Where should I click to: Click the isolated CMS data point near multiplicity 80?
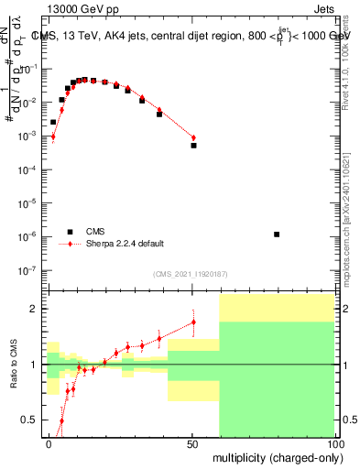coord(277,234)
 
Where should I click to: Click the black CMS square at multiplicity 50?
coord(193,146)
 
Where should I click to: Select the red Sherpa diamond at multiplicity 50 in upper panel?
coord(193,137)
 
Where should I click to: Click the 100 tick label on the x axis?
coord(333,443)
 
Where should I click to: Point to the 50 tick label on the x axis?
coord(192,443)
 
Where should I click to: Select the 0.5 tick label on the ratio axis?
coord(29,420)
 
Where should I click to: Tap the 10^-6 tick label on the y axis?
coord(27,236)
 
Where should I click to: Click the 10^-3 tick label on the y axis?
coord(27,136)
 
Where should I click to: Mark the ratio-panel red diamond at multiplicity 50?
coord(193,322)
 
